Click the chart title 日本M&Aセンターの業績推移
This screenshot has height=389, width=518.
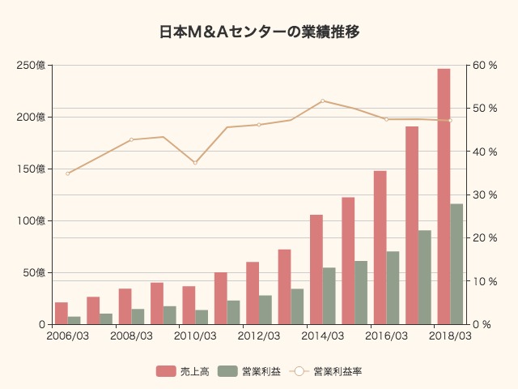tap(259, 32)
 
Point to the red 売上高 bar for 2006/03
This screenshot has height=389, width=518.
tap(62, 313)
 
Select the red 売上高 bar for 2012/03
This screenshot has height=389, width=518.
tap(253, 293)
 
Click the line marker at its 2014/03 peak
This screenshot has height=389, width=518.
tap(322, 100)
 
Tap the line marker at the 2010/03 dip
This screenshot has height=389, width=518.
tap(195, 163)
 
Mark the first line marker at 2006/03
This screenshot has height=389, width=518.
tap(68, 173)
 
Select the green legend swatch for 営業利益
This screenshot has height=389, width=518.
tap(228, 371)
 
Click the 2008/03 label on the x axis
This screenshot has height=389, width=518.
tap(131, 336)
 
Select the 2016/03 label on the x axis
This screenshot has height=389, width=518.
tap(386, 336)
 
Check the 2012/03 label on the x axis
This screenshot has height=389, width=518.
tap(259, 336)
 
